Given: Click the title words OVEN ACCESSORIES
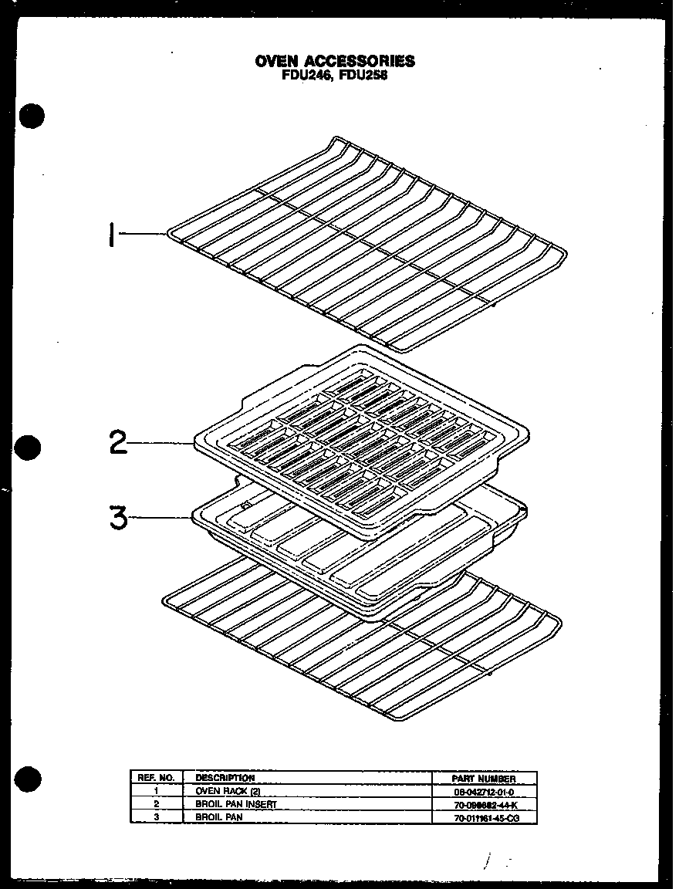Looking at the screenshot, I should (x=335, y=61).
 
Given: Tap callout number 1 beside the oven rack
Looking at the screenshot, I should (x=113, y=234).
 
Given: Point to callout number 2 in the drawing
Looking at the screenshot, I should (x=118, y=443).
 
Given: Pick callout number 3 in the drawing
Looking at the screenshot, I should (x=118, y=517).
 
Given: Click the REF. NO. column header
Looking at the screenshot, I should (x=157, y=778).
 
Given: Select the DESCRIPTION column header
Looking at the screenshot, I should (x=225, y=778).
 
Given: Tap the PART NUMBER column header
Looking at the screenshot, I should (x=485, y=779).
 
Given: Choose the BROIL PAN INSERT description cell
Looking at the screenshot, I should (x=235, y=804).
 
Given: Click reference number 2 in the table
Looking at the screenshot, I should (x=156, y=804).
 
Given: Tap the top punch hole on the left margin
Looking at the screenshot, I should (x=32, y=117).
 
